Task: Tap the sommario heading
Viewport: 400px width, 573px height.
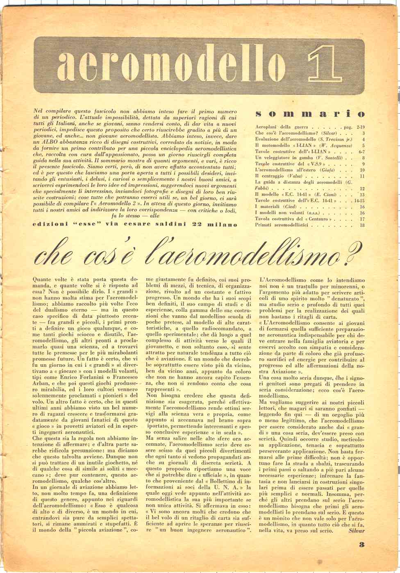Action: click(309, 114)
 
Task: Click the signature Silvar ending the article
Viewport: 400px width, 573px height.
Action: click(356, 530)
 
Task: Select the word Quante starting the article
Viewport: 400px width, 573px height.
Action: click(43, 279)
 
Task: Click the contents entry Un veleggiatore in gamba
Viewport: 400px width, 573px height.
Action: click(284, 158)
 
